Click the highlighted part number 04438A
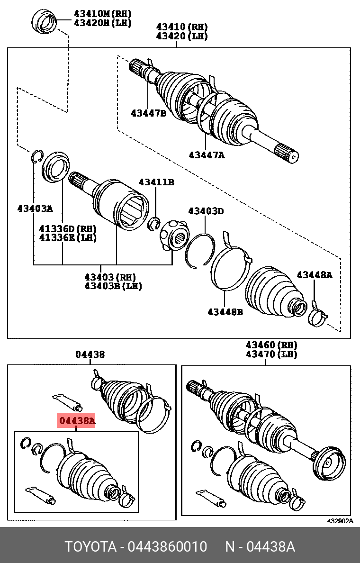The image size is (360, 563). tap(76, 420)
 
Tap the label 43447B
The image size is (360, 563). tap(148, 113)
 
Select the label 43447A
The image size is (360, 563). tap(207, 154)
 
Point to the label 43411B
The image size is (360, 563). tap(156, 182)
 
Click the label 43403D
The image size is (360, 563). tap(206, 211)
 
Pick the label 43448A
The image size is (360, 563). tap(315, 275)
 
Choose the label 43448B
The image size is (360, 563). tap(225, 312)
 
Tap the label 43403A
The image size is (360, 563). tap(35, 208)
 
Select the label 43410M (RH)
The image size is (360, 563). tap(102, 14)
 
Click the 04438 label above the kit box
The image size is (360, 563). tap(90, 354)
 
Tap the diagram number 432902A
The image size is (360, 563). tap(340, 521)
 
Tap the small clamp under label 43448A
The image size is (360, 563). tap(317, 317)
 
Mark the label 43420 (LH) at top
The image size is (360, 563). tap(182, 36)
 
